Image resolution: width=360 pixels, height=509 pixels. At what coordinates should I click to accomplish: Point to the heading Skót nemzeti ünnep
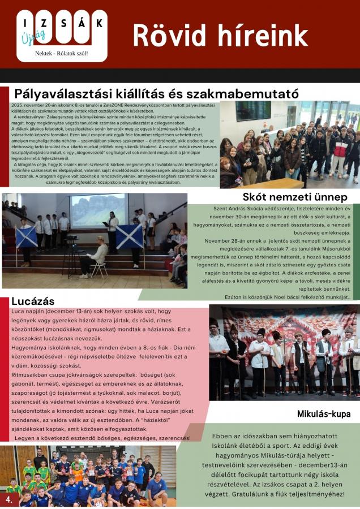coord(295,197)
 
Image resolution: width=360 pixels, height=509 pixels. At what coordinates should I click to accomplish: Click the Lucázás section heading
coord(33,301)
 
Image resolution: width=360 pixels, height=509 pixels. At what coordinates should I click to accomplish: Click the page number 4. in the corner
coord(9,500)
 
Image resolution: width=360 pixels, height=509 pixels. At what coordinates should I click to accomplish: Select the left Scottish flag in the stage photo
coord(26,236)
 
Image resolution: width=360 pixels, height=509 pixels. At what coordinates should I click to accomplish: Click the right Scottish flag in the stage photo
coord(130,235)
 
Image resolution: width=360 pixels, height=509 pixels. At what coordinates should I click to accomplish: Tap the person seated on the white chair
coord(96,257)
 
